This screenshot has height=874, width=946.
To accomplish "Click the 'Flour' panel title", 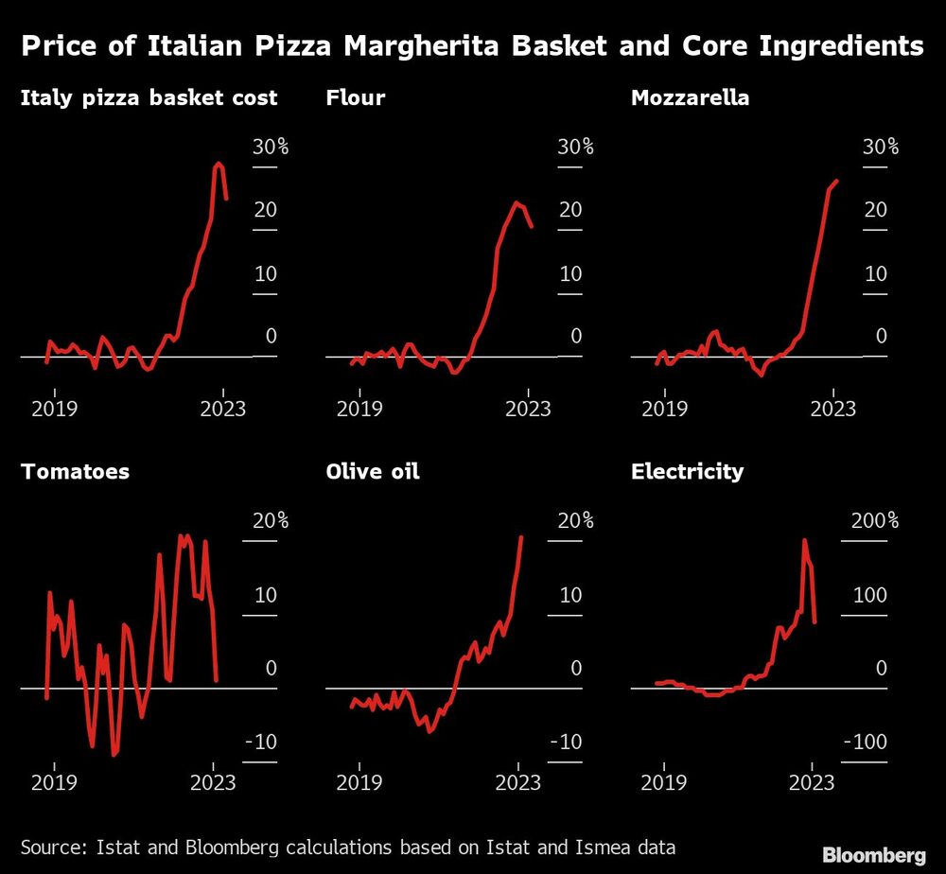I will click(355, 97).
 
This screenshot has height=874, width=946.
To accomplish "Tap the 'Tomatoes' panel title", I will click(75, 471).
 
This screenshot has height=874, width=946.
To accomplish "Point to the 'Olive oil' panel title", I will click(372, 471).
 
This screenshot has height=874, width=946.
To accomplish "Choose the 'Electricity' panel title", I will click(687, 471).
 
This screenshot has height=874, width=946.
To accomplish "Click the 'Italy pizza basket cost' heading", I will click(149, 97).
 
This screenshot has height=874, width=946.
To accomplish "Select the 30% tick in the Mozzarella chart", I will click(880, 148).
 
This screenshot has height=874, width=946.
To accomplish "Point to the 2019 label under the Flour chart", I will click(359, 409).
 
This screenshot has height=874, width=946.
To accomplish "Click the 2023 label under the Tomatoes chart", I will click(214, 782).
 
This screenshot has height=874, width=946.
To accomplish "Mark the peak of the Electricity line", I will click(804, 540).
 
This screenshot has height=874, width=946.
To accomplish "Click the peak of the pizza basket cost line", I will click(219, 164).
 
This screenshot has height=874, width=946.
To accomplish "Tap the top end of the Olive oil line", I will click(521, 537).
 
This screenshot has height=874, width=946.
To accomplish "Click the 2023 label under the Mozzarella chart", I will click(833, 409).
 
